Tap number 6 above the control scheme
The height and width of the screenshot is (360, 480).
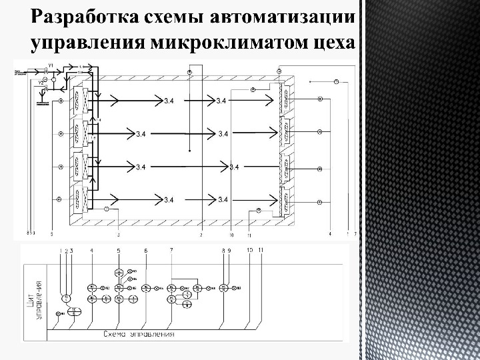click(x=145, y=250)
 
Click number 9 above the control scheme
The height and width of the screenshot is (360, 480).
click(x=229, y=250)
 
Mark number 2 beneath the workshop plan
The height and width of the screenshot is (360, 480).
click(x=201, y=235)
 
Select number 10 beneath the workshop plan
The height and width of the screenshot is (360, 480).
click(x=231, y=235)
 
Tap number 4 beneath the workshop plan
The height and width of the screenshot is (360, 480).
click(x=331, y=235)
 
